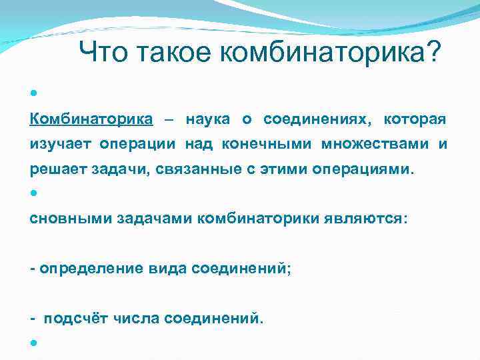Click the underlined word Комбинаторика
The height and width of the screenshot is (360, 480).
(x=91, y=119)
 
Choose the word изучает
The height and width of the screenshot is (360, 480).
(x=61, y=144)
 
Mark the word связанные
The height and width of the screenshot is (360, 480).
(x=195, y=169)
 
